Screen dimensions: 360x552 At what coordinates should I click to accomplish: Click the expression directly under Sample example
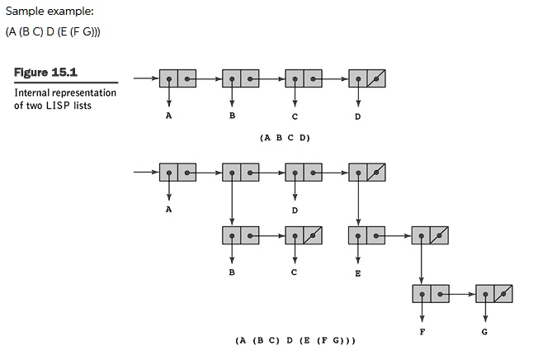53,32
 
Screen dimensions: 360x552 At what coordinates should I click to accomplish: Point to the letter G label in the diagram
484,332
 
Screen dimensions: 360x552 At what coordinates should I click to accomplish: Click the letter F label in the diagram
422,332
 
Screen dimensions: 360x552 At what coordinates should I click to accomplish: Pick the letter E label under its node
358,272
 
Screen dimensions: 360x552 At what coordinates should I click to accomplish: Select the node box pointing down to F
430,294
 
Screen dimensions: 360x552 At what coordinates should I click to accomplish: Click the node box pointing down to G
493,294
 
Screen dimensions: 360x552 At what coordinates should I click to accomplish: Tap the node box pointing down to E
366,234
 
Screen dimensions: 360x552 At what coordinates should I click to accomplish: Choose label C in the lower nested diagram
295,272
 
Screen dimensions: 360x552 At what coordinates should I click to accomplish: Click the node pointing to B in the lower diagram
240,234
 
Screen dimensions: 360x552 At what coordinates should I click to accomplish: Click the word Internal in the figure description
34,93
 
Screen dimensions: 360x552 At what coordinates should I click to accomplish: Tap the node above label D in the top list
366,79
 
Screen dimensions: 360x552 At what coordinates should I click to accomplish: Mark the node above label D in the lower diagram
304,173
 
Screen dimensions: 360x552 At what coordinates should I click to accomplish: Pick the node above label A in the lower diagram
177,173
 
